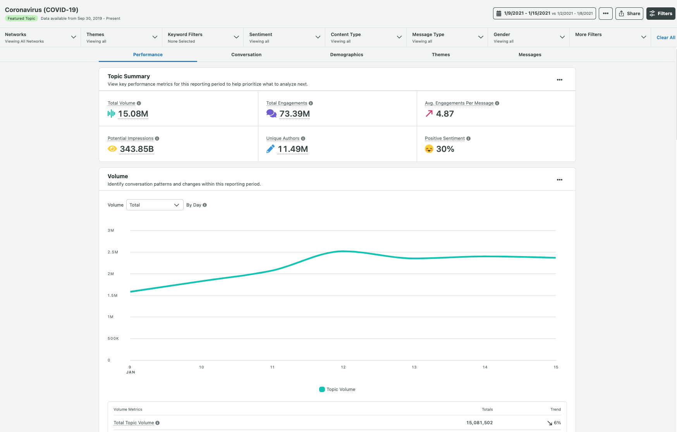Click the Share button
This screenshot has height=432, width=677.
(629, 14)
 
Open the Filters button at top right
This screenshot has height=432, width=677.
(661, 14)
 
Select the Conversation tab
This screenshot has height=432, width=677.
(246, 55)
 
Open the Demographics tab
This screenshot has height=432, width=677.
(346, 55)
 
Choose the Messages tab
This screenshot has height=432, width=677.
(529, 55)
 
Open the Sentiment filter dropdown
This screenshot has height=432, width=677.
(284, 38)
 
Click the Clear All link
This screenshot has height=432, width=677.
(665, 38)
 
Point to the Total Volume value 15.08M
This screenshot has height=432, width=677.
(133, 114)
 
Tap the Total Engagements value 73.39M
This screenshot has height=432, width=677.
(294, 114)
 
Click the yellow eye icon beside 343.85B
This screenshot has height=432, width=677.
(112, 149)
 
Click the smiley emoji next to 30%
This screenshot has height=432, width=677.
(429, 149)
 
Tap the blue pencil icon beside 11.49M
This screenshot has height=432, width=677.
(270, 149)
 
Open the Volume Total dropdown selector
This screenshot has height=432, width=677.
(155, 205)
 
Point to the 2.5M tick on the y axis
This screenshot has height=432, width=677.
(113, 252)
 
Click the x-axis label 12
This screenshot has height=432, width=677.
(343, 367)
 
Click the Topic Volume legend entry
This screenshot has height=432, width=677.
(337, 389)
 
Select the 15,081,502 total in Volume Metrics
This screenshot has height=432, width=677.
(479, 423)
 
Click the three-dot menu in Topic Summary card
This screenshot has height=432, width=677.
(559, 80)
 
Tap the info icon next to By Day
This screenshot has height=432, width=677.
(205, 205)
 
